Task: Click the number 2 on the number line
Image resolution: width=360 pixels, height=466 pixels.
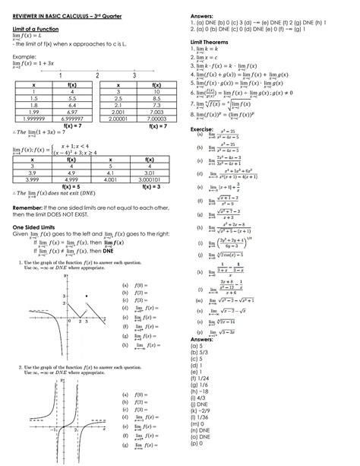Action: (x=97, y=75)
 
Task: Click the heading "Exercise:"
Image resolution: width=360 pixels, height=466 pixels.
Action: (x=201, y=129)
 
